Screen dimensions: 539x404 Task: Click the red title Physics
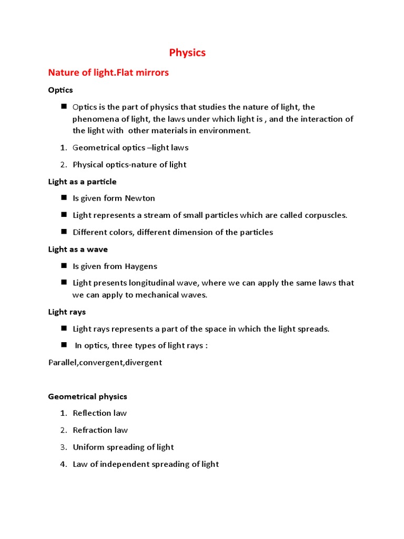pyautogui.click(x=187, y=53)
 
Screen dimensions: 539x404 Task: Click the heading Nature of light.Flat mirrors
pyautogui.click(x=108, y=73)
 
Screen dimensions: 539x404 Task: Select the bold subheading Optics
pyautogui.click(x=60, y=90)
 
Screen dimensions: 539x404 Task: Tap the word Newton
pyautogui.click(x=140, y=198)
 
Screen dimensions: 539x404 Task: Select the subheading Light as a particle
pyautogui.click(x=83, y=182)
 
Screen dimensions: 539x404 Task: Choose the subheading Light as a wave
pyautogui.click(x=78, y=249)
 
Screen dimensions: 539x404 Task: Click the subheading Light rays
pyautogui.click(x=67, y=312)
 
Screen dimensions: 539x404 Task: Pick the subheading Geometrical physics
pyautogui.click(x=88, y=396)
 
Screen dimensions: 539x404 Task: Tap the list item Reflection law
pyautogui.click(x=99, y=413)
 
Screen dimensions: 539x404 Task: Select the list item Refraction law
pyautogui.click(x=100, y=430)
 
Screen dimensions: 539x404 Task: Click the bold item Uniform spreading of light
pyautogui.click(x=123, y=447)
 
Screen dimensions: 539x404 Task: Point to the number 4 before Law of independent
pyautogui.click(x=62, y=464)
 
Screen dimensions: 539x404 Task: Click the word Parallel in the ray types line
pyautogui.click(x=63, y=363)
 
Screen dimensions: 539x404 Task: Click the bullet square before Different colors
pyautogui.click(x=63, y=231)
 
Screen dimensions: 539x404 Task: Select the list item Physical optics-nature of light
pyautogui.click(x=129, y=165)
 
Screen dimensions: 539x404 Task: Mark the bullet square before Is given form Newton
pyautogui.click(x=63, y=197)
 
